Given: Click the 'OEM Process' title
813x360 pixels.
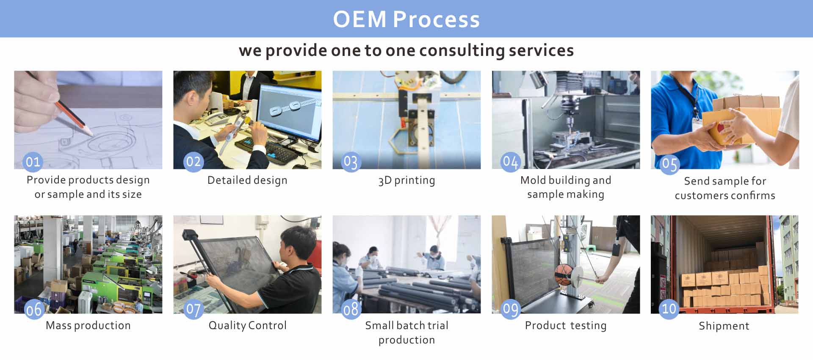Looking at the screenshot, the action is (406, 19).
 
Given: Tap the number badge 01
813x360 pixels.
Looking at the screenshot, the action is (33, 162).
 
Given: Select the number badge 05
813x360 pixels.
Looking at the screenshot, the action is (669, 164).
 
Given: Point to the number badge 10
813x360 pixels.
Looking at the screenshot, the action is (669, 308).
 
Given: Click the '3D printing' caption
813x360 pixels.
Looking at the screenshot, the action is (406, 180).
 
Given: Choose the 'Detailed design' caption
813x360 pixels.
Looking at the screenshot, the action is (247, 180).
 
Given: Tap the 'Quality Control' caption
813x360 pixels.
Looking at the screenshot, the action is (247, 325).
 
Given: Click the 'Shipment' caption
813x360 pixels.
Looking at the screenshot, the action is (724, 326).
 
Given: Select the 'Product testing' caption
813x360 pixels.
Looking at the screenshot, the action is (566, 325).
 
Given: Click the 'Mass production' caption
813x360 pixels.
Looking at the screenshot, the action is (88, 325).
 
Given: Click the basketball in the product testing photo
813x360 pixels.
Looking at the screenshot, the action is (563, 275).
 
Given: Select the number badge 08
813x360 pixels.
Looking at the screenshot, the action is (351, 309).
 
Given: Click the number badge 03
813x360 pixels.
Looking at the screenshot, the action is (351, 162).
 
